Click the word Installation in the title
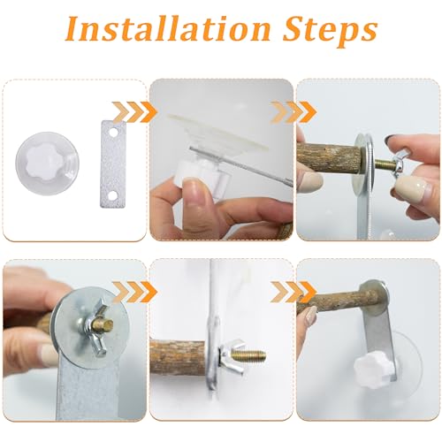(167, 29)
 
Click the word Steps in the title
(330, 32)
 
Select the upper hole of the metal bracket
(113, 132)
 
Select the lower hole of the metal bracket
(112, 195)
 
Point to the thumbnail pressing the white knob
(195, 192)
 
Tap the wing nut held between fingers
(399, 164)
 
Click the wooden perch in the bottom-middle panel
(179, 357)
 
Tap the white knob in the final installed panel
(372, 369)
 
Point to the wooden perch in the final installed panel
(334, 301)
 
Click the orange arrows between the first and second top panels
(134, 112)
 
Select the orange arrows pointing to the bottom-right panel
(293, 292)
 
